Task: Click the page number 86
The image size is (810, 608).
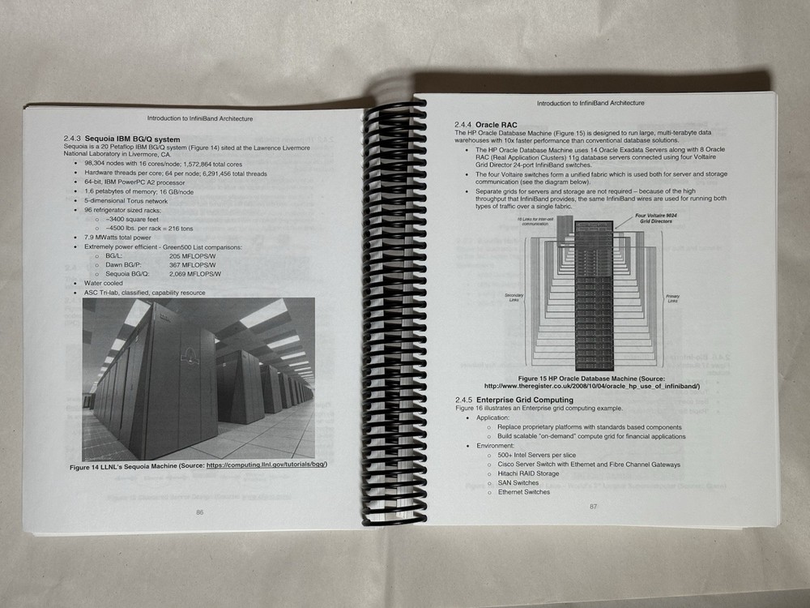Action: [x=199, y=512]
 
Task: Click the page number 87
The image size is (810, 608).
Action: [x=593, y=507]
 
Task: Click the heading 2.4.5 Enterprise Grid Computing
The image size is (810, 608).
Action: [x=514, y=400]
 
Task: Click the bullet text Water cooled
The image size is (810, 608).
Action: [x=103, y=284]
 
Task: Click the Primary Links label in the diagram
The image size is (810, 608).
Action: [x=673, y=298]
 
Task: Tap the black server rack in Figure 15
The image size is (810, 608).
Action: [x=594, y=292]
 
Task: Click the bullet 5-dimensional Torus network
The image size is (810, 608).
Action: [x=126, y=200]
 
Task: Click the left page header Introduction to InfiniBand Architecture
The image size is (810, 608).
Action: [x=199, y=118]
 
